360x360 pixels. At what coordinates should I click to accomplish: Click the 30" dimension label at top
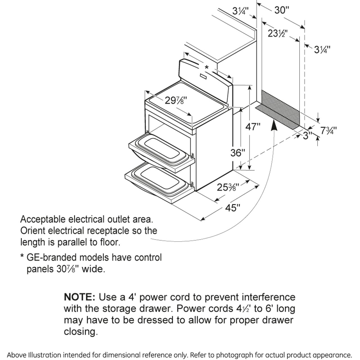282,10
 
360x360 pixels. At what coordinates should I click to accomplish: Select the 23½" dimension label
277,33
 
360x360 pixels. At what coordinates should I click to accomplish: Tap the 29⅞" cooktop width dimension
176,100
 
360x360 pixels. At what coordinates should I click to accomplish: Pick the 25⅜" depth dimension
228,187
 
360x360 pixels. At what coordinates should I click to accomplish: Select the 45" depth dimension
233,208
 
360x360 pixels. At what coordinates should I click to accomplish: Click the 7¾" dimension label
328,130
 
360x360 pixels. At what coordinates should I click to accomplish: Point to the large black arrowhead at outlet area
274,126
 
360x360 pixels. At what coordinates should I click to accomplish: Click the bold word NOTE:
80,297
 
